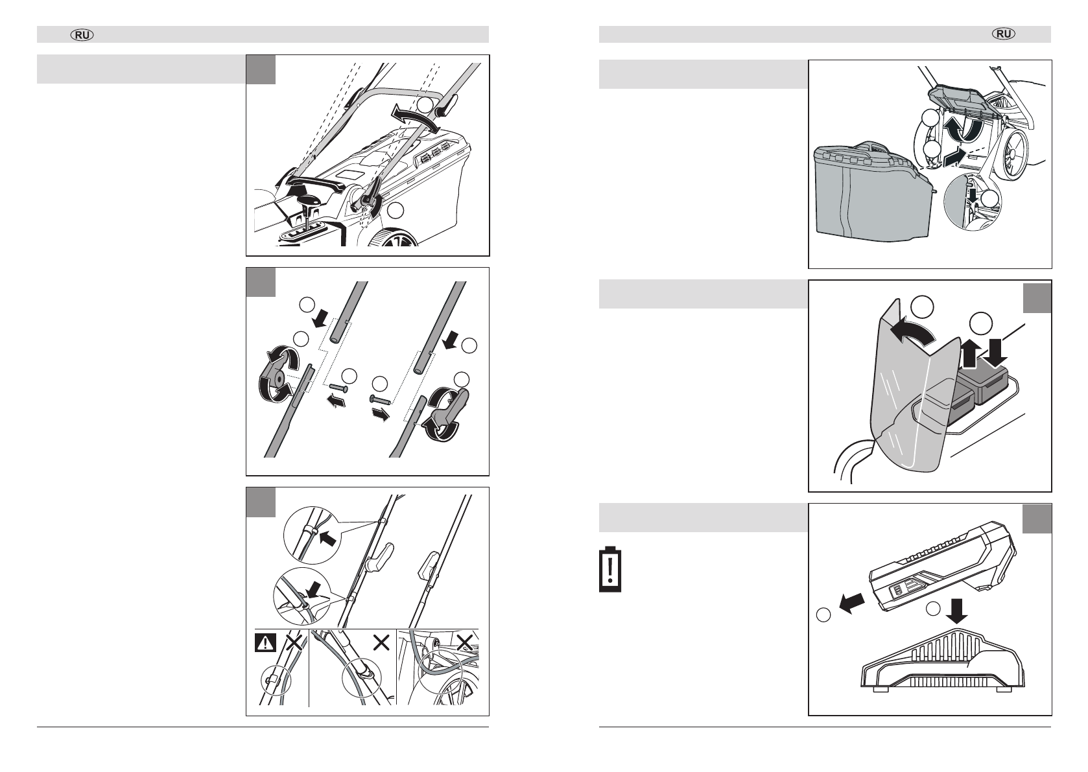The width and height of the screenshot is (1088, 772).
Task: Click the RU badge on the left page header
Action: (x=82, y=35)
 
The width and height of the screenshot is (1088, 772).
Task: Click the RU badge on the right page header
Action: (x=1004, y=34)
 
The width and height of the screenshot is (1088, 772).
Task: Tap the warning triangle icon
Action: (x=265, y=643)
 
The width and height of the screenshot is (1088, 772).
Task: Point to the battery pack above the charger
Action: (x=942, y=566)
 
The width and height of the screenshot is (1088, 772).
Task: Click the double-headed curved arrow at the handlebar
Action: (x=417, y=117)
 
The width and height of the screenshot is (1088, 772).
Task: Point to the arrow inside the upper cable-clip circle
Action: (x=328, y=538)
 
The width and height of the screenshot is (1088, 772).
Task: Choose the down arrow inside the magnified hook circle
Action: (x=973, y=194)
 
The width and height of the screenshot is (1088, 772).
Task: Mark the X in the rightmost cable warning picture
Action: (x=465, y=642)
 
